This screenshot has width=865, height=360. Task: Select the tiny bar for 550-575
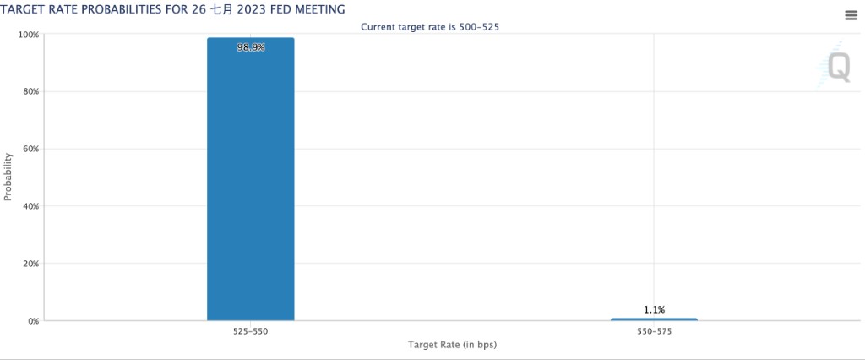point(654,319)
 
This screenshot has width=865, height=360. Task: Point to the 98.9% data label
point(251,48)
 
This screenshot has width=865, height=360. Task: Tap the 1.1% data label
point(654,310)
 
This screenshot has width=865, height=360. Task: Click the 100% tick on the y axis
point(29,35)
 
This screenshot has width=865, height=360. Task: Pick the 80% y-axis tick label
point(30,91)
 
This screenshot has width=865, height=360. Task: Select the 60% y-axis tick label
point(30,149)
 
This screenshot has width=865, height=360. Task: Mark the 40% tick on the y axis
point(30,206)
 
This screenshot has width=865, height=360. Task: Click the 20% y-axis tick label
point(30,264)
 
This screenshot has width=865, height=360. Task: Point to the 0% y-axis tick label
point(33,321)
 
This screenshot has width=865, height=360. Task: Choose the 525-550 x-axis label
point(250,333)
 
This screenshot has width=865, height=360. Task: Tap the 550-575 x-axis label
point(654,333)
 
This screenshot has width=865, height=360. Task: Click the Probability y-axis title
point(8,177)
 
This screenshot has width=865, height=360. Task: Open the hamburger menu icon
point(851,15)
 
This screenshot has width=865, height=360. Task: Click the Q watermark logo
point(837,66)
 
